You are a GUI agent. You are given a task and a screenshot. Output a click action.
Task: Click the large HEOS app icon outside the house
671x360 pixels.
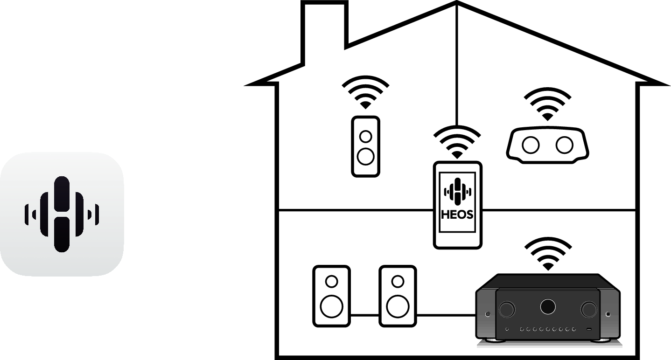[x=62, y=214]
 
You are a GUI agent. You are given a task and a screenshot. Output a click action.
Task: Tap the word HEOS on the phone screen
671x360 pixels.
[x=457, y=215]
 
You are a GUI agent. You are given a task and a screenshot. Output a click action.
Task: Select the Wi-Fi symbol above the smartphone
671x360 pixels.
[x=457, y=142]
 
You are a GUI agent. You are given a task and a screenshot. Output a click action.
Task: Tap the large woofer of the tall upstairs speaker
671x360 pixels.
[x=365, y=156]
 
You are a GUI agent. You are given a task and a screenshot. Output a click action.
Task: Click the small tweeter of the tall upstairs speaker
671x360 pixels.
[x=366, y=136]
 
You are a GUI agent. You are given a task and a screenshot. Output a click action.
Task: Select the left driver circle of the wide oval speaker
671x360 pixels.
[x=531, y=145]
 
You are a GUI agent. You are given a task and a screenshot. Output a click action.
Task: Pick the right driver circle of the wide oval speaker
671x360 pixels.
[x=564, y=145]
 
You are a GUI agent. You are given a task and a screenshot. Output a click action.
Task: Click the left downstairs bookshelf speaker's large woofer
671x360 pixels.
[x=331, y=306]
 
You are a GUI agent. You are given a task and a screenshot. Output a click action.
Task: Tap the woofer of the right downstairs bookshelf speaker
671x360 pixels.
[x=398, y=306]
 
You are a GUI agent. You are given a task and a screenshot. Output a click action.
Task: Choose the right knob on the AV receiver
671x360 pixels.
[x=589, y=308]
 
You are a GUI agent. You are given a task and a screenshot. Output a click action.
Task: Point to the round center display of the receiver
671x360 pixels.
[x=548, y=306]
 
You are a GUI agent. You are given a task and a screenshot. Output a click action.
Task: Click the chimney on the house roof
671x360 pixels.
[x=326, y=28]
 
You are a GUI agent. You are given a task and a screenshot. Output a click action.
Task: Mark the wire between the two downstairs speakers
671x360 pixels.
[x=364, y=315]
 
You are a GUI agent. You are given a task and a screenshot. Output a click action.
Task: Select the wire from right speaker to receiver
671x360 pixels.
[x=446, y=315]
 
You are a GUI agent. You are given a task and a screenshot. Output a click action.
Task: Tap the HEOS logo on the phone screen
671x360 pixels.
[x=457, y=191]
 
